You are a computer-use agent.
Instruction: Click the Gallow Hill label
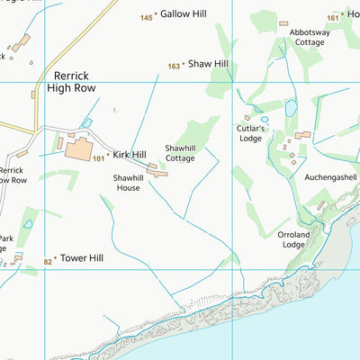[184, 14]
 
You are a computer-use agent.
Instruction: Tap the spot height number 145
[147, 18]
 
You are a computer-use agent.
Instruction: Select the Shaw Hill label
[208, 64]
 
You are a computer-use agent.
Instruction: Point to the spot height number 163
[174, 66]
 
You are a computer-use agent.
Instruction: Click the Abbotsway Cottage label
[308, 37]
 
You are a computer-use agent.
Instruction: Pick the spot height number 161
[333, 17]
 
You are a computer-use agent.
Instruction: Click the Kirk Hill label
[130, 155]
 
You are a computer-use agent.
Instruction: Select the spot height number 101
[99, 157]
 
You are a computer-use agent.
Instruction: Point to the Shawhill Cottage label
[180, 153]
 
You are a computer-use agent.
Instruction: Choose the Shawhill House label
[131, 183]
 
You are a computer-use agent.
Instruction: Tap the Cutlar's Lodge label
[249, 133]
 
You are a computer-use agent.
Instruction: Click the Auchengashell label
[331, 177]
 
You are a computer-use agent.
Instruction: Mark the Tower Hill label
[82, 258]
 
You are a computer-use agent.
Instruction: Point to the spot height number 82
[49, 261]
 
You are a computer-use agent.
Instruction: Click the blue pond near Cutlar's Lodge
[291, 108]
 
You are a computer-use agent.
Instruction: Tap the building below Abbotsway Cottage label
[284, 23]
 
